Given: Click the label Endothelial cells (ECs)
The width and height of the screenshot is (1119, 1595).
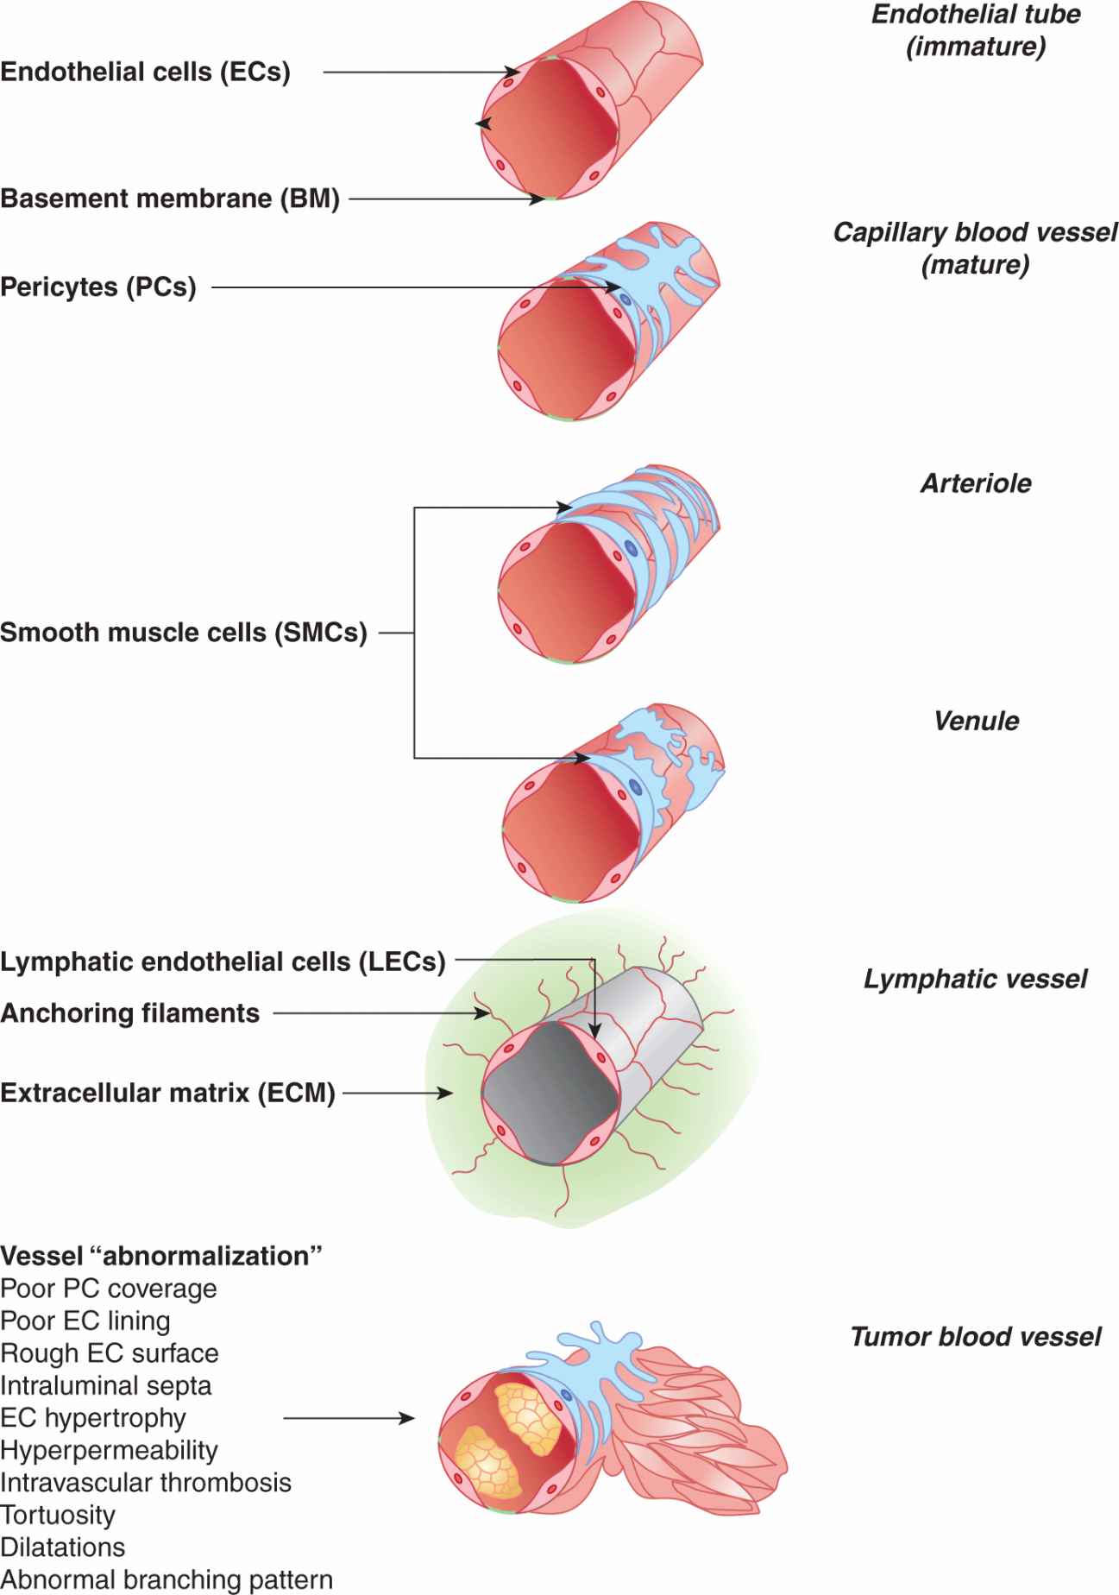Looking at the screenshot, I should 145,72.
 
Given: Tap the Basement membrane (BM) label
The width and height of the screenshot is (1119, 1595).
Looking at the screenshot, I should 170,199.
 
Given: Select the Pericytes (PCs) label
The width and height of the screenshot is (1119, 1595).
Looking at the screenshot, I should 98,287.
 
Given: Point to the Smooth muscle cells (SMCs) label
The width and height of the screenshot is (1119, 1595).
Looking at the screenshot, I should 184,633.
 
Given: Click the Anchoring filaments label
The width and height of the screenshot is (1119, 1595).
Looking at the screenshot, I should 130,1013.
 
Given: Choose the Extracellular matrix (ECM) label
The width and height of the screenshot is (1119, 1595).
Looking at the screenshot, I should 167,1093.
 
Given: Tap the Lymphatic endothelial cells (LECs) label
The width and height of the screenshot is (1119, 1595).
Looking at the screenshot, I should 223,961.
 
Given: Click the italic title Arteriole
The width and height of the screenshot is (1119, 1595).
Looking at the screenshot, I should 976,483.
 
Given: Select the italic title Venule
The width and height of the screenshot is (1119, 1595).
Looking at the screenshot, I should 976,721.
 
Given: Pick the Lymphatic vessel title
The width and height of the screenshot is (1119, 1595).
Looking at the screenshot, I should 975,979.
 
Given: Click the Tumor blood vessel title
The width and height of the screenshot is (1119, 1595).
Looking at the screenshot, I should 975,1337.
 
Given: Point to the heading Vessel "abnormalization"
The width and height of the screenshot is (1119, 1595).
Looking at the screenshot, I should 161,1256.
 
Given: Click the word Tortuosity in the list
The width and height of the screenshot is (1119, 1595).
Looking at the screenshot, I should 58,1515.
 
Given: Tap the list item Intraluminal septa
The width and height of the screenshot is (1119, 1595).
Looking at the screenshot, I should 105,1385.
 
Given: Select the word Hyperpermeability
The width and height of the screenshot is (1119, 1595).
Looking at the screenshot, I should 109,1450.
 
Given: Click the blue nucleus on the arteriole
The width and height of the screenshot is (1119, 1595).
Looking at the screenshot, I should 631,547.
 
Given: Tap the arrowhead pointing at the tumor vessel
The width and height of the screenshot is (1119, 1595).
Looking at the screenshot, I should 406,1418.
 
